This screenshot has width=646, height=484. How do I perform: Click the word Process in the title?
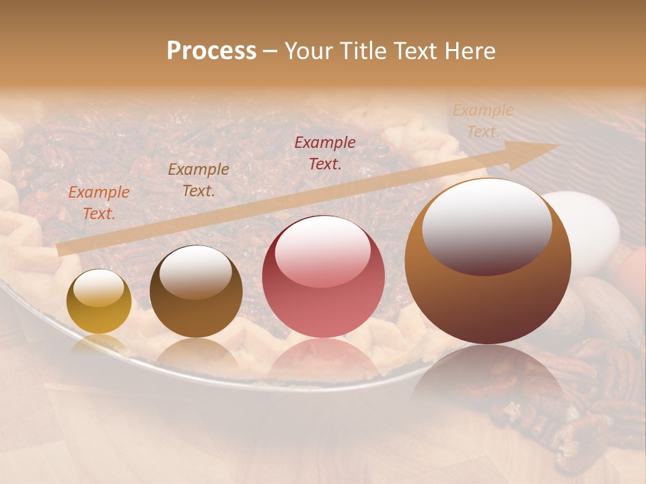point(211,51)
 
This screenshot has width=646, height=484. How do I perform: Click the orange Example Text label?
point(99,202)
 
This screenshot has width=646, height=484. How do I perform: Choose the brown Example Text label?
point(199,179)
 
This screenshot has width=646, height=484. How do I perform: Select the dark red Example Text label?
point(325,153)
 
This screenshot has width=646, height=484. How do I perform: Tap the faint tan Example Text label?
point(483,120)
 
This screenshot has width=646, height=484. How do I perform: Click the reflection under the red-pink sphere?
point(323,360)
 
